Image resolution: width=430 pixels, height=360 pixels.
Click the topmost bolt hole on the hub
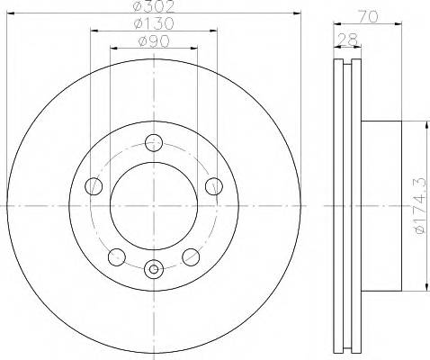154,141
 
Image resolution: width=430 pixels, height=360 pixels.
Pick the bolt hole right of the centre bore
213,186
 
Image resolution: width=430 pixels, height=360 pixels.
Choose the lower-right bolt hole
190,257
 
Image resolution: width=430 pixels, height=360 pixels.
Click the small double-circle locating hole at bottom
154,267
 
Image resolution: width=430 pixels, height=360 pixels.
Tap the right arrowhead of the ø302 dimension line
297,13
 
